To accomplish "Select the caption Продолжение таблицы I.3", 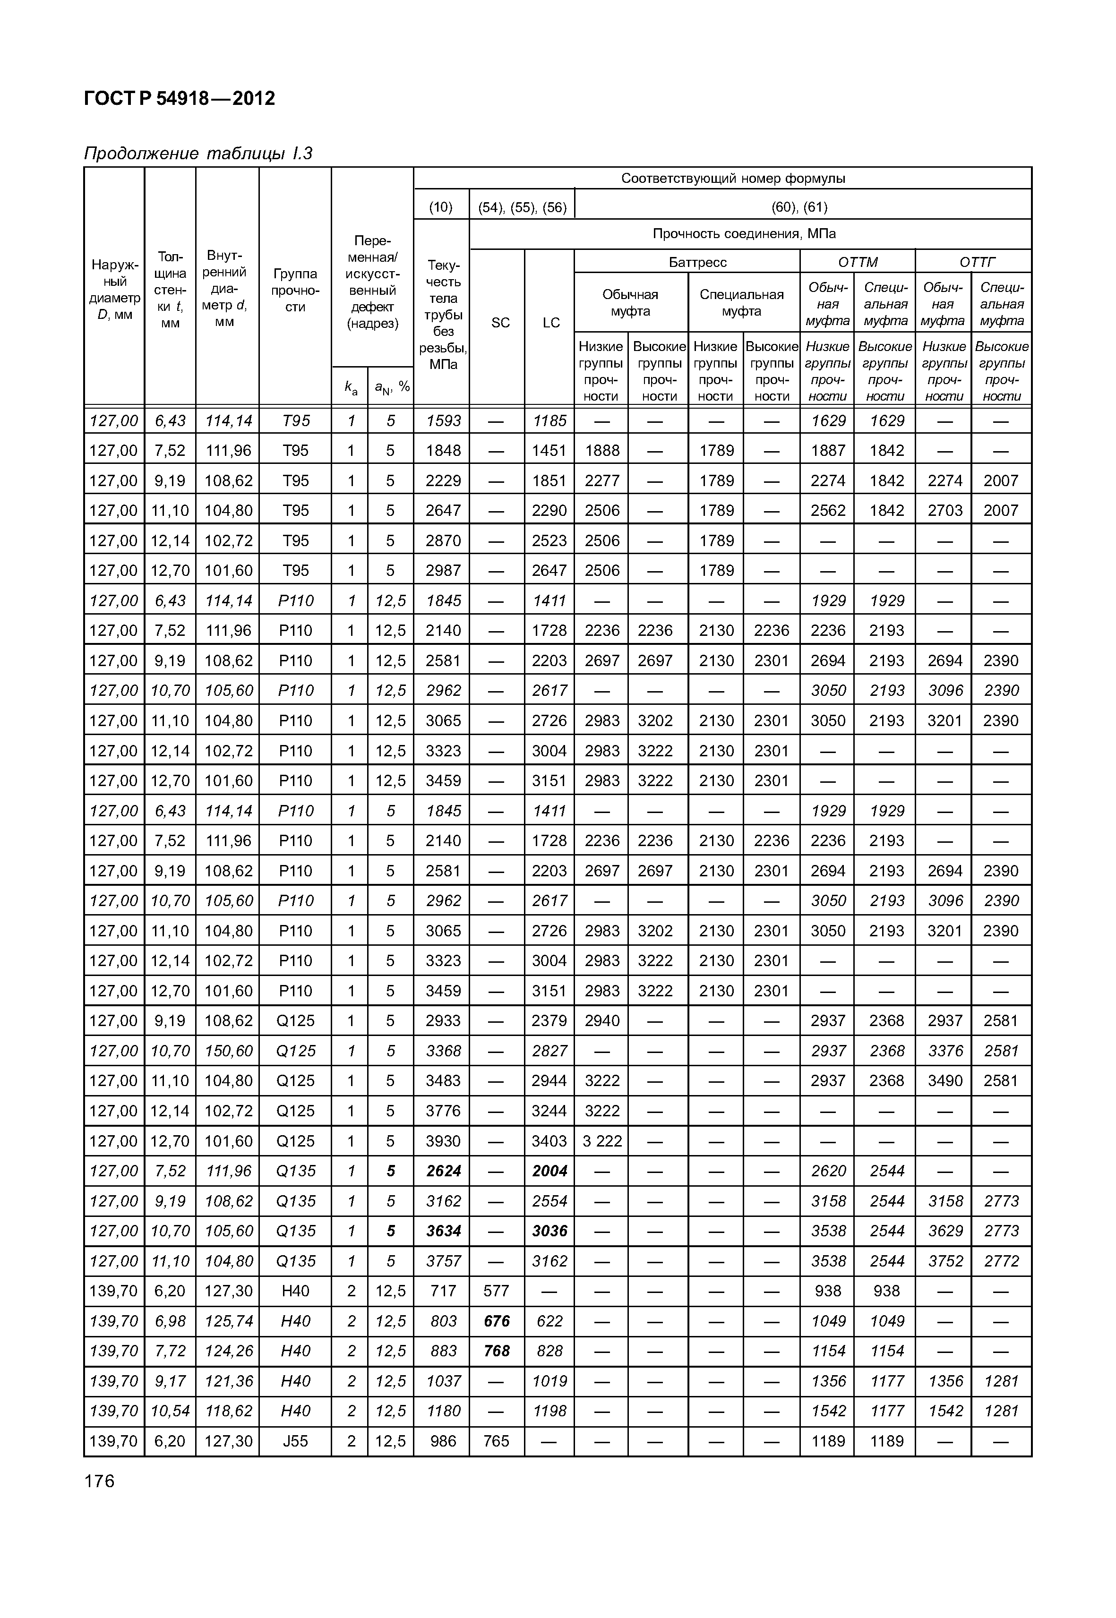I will coord(197,153).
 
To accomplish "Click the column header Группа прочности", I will coord(295,290).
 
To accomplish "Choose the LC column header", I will coord(550,322).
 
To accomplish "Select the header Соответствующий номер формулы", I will coord(733,178).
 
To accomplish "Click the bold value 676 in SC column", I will coord(497,1321).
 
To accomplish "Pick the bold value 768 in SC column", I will coord(497,1351).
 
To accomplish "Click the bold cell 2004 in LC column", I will coord(549,1171).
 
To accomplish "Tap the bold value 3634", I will coord(443,1231).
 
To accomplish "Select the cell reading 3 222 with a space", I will coord(601,1141).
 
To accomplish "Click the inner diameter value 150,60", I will coord(228,1051).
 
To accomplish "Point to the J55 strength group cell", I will coord(295,1441).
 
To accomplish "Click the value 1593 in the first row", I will coord(443,421).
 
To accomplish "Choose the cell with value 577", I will coord(497,1291).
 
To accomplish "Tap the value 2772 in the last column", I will coord(1001,1261).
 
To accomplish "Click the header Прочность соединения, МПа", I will coord(744,233).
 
